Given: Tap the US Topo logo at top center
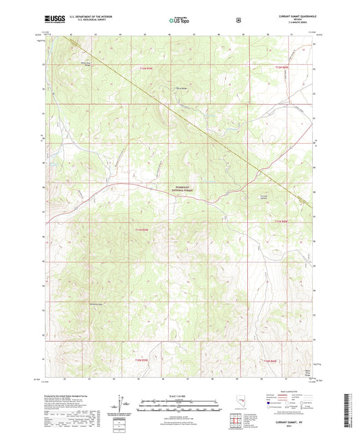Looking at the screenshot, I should pos(179,21).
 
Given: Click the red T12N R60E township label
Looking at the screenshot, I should pos(282,68).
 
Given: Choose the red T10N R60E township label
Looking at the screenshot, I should pos(270,361).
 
